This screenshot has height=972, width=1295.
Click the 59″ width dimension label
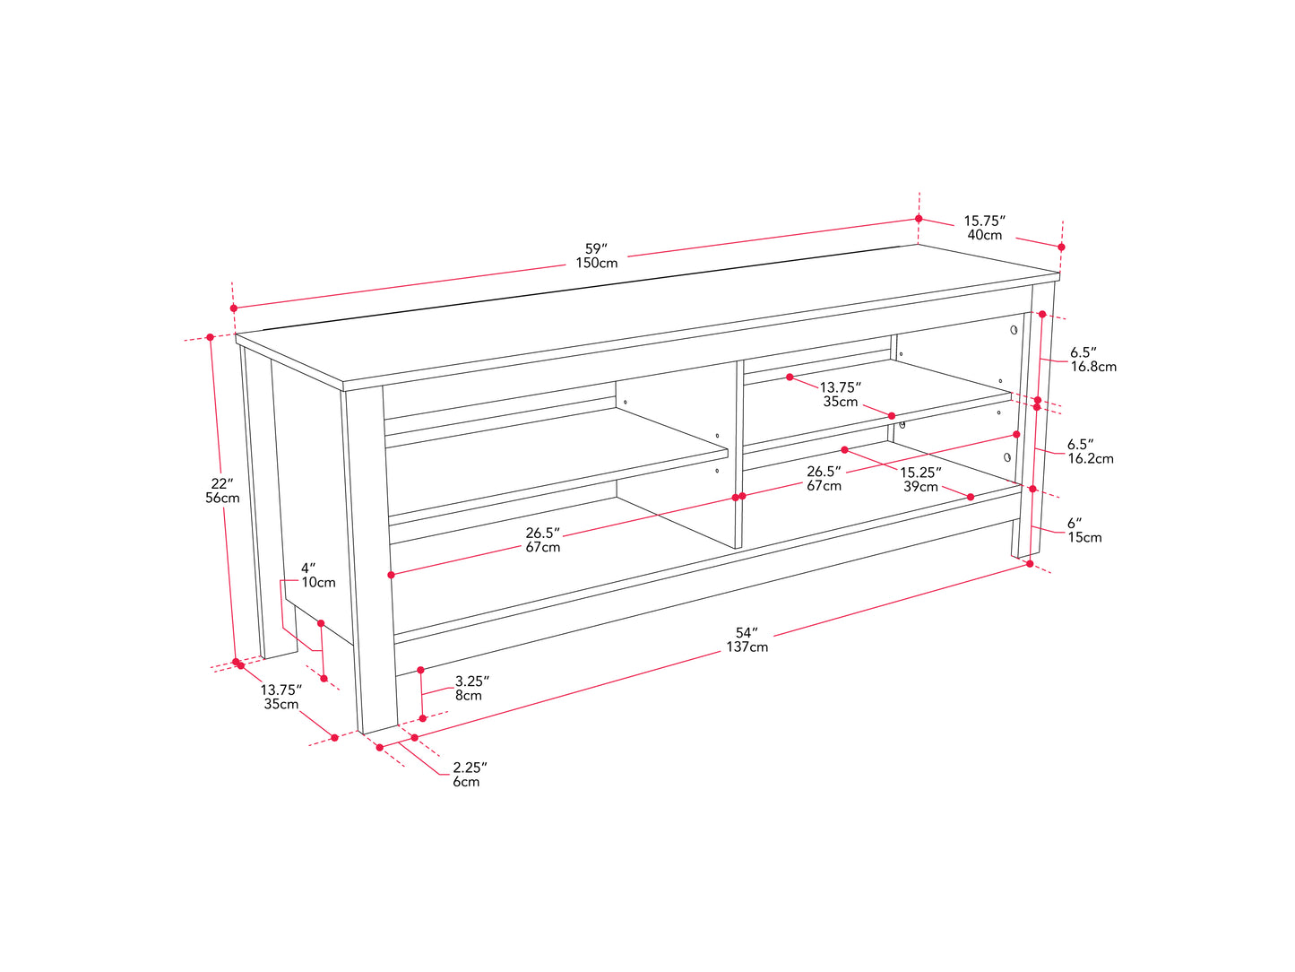coord(596,248)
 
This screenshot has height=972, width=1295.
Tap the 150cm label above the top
coord(597,264)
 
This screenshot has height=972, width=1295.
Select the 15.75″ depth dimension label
coord(985,221)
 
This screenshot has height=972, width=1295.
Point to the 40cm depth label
coord(985,235)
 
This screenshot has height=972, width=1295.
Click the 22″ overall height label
coord(222,483)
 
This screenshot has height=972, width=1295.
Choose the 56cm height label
coord(222,498)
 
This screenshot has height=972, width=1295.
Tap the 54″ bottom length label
coord(747,633)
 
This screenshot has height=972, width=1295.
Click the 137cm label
coord(747,647)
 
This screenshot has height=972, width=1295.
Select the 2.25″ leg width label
coord(470,768)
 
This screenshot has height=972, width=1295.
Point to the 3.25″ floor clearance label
coord(472,681)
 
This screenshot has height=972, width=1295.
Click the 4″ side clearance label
coord(308,568)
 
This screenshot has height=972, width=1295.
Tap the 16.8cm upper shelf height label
coord(1093,367)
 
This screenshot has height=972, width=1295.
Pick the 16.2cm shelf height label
coord(1091,458)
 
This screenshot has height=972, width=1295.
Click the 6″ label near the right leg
coord(1075,523)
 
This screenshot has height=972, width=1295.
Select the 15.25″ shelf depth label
coord(920,473)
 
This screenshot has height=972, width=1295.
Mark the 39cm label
coord(920,486)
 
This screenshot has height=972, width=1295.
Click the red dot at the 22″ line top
coord(210,337)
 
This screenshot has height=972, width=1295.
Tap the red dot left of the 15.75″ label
coord(919,219)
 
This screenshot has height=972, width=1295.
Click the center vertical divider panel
coord(738,455)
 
